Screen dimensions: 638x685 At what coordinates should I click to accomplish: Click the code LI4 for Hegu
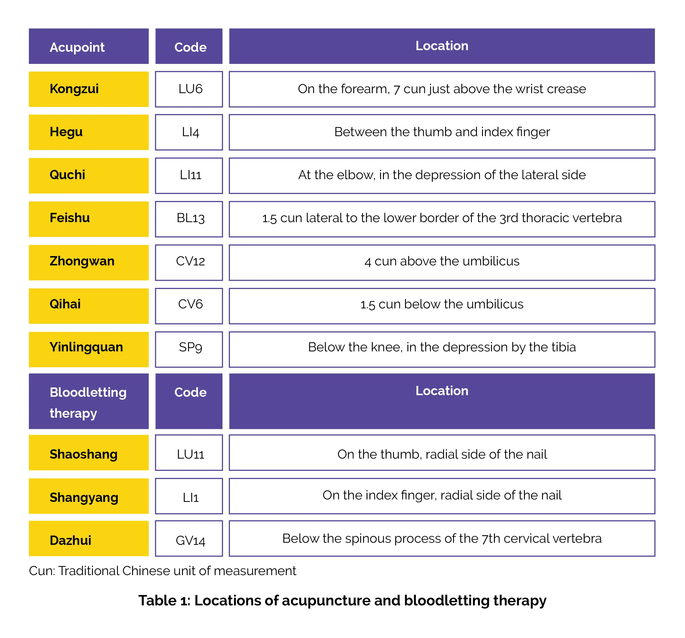coord(190,132)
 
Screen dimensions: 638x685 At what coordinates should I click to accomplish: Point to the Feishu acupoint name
coord(70,218)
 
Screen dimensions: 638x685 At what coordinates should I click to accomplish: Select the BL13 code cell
coord(190,218)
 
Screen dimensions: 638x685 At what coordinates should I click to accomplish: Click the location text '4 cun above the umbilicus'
coord(442,261)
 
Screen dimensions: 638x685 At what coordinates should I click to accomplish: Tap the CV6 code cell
coord(190,304)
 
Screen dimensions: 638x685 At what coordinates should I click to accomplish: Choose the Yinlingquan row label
coord(86,347)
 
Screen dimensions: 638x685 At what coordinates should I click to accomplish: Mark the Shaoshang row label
coord(83,454)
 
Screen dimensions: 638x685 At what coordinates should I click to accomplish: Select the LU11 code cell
coord(190,454)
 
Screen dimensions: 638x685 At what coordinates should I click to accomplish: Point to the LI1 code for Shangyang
coord(190,497)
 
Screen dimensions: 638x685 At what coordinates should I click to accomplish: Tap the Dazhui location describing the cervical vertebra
coord(442,538)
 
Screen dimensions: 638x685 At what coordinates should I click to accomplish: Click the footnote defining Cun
coord(162,571)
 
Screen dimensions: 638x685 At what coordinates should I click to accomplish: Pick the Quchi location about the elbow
coord(442,175)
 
